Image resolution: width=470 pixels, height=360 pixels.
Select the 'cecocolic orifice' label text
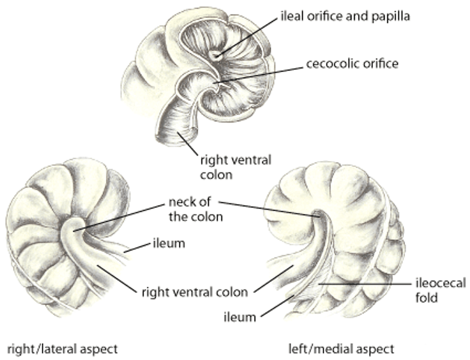[x=352, y=64]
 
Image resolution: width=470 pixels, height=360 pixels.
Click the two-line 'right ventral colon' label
[x=235, y=167]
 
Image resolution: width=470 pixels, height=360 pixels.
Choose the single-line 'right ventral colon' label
[x=195, y=292]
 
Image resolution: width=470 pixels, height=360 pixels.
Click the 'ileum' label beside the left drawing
[x=168, y=243]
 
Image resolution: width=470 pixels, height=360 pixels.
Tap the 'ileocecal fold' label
[x=440, y=290]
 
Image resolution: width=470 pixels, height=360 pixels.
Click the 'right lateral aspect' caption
[x=64, y=349]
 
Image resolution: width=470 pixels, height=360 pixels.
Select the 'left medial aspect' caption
[x=342, y=349]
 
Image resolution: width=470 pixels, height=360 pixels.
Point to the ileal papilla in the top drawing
[x=217, y=54]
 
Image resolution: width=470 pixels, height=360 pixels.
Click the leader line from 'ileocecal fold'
[x=366, y=284]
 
